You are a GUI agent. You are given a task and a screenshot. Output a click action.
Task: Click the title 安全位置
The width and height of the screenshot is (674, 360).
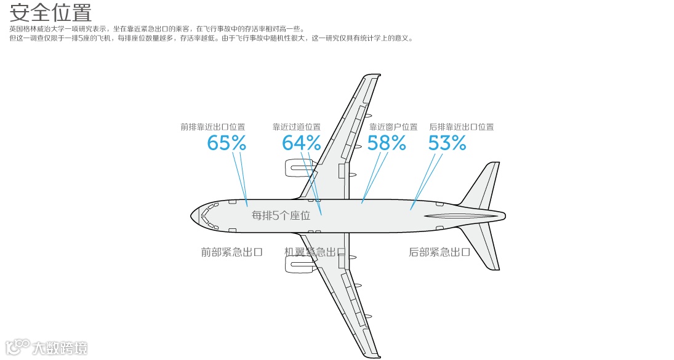[x=50, y=12]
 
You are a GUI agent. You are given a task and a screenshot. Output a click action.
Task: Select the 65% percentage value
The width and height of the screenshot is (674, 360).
[x=227, y=143]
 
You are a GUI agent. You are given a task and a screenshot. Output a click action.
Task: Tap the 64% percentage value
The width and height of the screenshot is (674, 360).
[x=302, y=143]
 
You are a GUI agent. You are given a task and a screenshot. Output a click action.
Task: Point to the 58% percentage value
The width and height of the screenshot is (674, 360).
[x=387, y=143]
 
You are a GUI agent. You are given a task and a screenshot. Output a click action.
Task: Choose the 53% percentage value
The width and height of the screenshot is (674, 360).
[x=447, y=143]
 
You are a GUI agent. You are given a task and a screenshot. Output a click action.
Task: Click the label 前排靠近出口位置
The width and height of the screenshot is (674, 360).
[x=212, y=127]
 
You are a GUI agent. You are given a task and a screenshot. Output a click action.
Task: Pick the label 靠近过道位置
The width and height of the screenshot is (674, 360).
[x=297, y=127]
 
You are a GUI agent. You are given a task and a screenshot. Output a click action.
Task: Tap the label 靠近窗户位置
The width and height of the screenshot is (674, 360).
[x=393, y=127]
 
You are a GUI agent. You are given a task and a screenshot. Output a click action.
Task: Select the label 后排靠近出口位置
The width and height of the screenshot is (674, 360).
[x=462, y=127]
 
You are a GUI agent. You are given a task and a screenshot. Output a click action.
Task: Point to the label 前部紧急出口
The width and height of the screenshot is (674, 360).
[x=232, y=252]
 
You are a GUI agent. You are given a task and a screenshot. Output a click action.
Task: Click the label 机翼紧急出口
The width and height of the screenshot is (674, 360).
[x=315, y=252]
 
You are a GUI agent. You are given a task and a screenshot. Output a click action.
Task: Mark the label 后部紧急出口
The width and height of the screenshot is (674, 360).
[x=439, y=252]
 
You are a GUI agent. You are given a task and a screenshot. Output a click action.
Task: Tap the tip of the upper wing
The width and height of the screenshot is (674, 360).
[x=372, y=76]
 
